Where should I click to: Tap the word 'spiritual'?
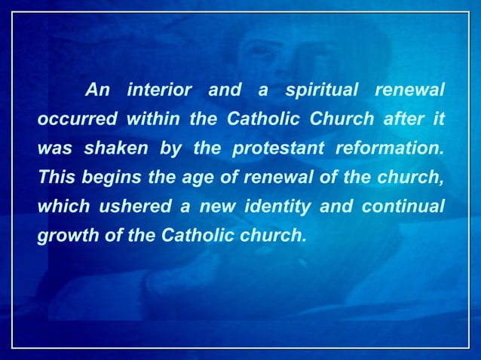tap(320, 91)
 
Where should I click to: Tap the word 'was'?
tap(53, 148)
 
